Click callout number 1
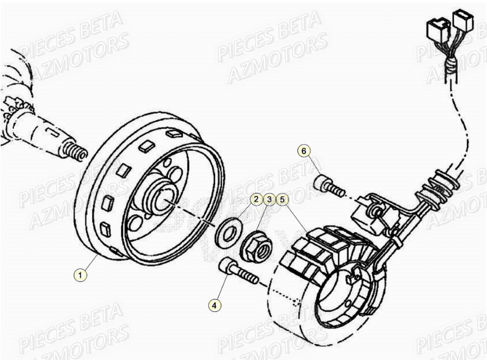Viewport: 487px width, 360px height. tap(80, 275)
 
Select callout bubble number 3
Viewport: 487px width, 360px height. tap(269, 199)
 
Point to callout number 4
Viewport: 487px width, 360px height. tap(215, 305)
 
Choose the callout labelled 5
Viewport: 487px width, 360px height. tap(282, 199)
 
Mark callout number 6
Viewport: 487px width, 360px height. tap(305, 150)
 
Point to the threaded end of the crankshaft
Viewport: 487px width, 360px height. tap(75, 151)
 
